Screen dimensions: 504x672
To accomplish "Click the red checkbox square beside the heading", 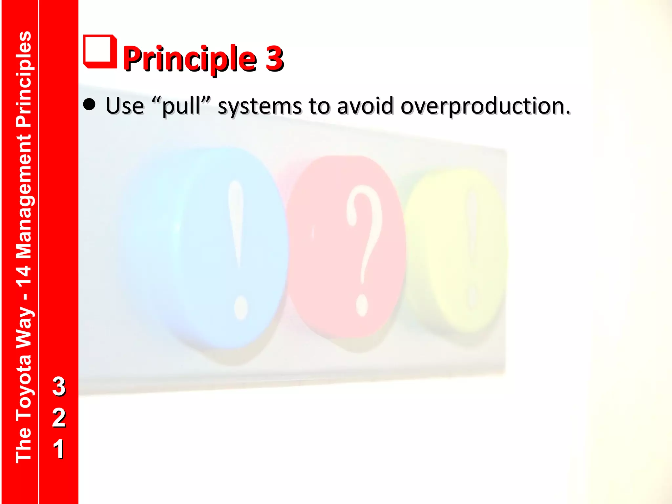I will point(100,52).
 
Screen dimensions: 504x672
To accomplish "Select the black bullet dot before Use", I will point(89,105).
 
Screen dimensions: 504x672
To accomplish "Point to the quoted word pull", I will point(181,107).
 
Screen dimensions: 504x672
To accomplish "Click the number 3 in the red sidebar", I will point(59,386).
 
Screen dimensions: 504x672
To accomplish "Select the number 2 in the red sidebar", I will point(59,417).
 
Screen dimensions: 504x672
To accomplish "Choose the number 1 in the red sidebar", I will point(59,449).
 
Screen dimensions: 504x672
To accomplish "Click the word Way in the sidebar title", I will point(24,328).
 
